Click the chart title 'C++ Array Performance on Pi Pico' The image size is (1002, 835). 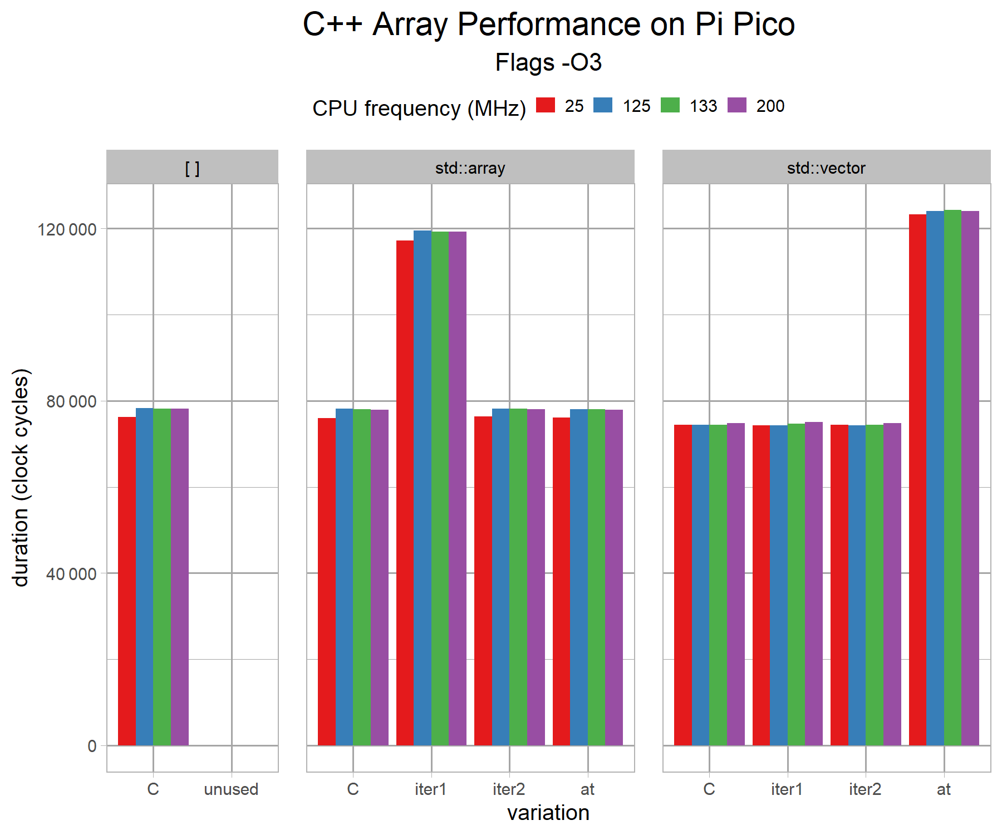tap(548, 24)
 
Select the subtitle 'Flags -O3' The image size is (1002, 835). tap(548, 62)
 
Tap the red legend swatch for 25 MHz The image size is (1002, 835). tap(546, 105)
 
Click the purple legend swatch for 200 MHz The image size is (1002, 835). tap(736, 105)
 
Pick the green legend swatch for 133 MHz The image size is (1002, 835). tap(670, 105)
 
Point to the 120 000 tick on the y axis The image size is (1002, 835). tap(67, 229)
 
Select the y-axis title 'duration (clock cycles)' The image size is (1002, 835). tap(21, 478)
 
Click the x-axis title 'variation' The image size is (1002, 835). tap(548, 813)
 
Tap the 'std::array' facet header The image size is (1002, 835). tap(470, 168)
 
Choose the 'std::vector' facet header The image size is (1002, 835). tap(826, 168)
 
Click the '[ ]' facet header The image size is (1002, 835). tap(192, 168)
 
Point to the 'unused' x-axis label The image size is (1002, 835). tap(231, 789)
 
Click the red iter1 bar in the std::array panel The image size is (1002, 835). tap(405, 493)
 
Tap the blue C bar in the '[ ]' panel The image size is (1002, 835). tap(144, 577)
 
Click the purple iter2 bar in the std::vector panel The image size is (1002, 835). tap(892, 584)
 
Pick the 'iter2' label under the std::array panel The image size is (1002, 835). tap(509, 789)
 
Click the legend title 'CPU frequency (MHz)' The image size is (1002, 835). tap(419, 108)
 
